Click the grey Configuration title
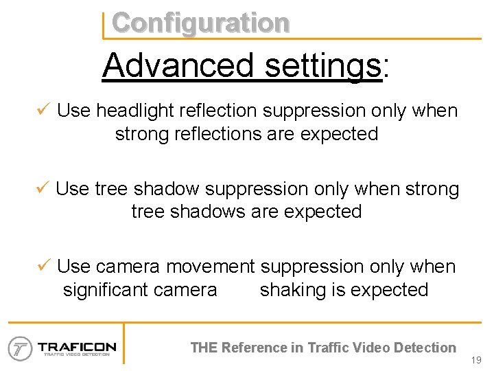point(200,23)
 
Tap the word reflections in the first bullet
point(215,133)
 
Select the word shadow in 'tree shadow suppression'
point(168,188)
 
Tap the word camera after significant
point(185,289)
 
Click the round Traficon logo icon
point(21,348)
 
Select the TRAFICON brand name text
point(77,346)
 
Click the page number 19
point(478,360)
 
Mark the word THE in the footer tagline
point(204,348)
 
